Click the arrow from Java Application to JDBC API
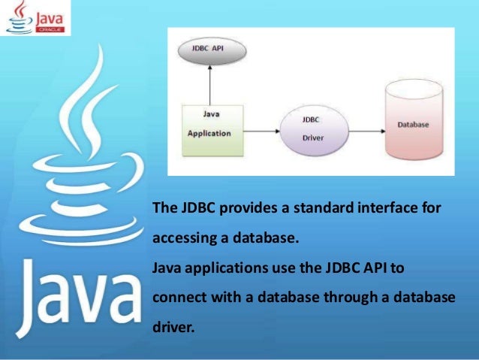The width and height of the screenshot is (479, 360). click(x=212, y=85)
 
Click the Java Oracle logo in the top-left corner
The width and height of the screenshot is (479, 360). click(x=36, y=18)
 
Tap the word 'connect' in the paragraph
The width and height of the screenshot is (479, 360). click(x=176, y=297)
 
